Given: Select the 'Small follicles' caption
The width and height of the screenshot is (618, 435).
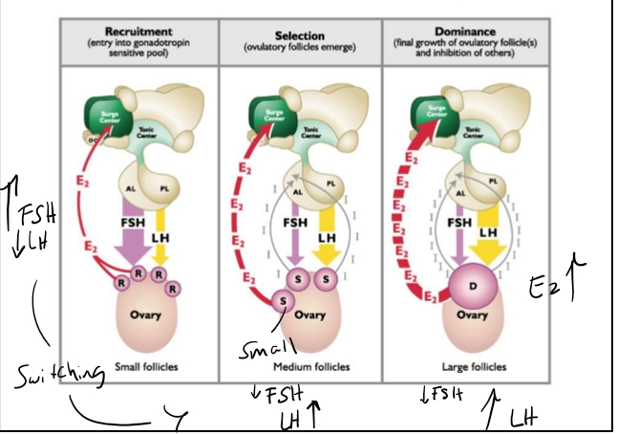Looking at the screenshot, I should [140, 366].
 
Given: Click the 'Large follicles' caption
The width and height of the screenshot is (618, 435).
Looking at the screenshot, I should [461, 366].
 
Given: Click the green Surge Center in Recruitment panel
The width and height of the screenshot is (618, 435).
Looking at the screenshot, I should [106, 120].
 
